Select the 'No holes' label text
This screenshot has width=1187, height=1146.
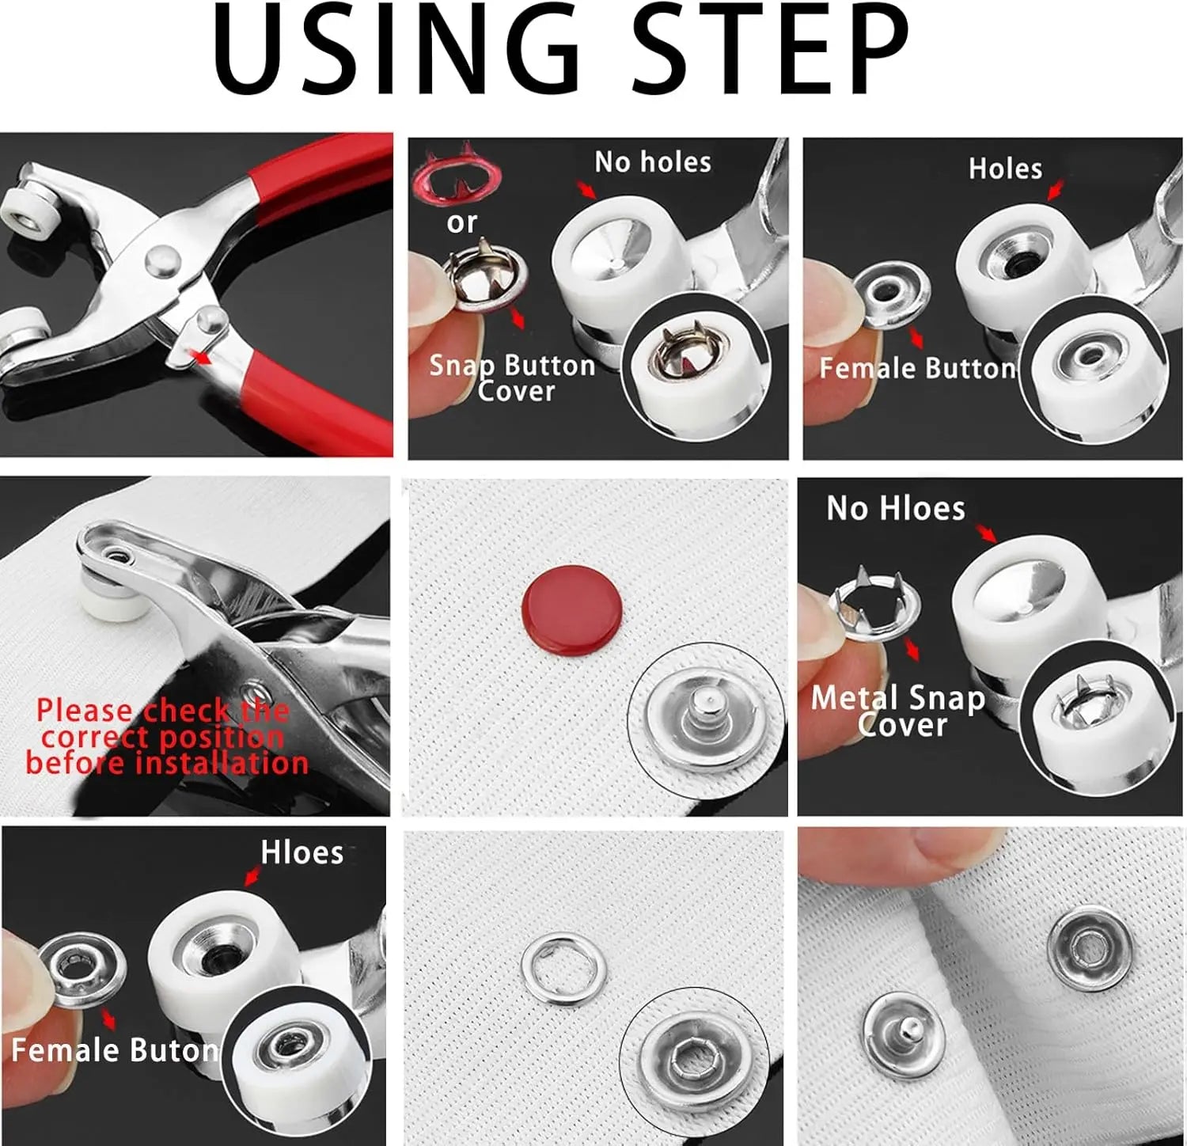[x=653, y=162]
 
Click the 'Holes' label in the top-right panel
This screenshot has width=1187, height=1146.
[x=1005, y=169]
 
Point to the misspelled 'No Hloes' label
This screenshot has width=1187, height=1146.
[x=895, y=508]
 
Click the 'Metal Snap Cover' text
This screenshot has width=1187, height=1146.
[x=899, y=711]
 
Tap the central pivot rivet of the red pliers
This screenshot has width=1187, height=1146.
[x=161, y=256]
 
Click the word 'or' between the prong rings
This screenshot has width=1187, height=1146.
[x=461, y=223]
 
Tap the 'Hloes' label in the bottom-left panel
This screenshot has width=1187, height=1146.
[x=301, y=853]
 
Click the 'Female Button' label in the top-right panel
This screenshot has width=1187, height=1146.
[x=917, y=368]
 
